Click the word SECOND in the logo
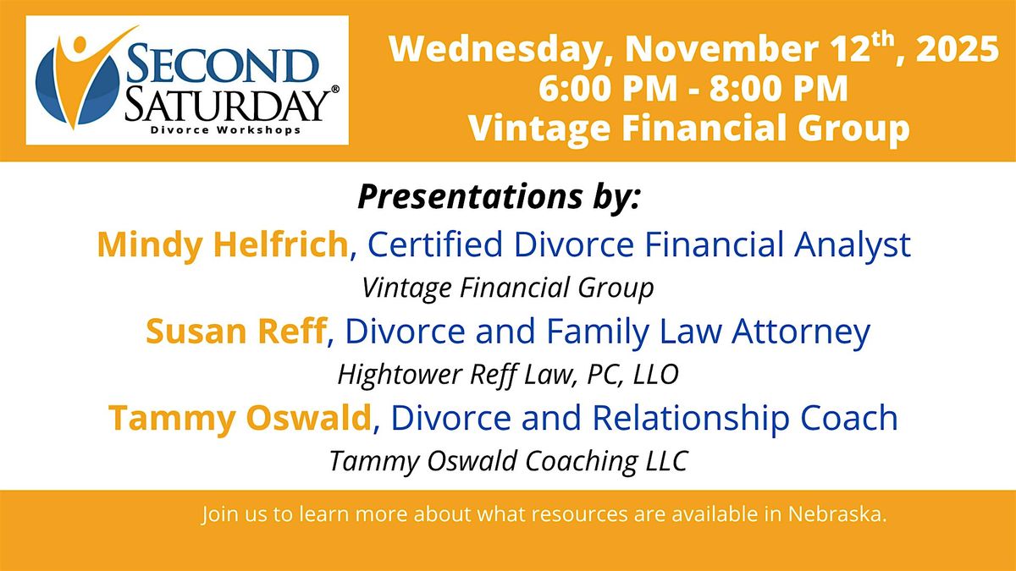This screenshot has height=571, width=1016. pos(221,64)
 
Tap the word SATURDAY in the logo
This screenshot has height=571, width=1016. pos(227,105)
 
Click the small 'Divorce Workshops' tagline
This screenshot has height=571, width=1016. pos(225,130)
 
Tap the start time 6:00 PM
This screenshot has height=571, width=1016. pos(608,88)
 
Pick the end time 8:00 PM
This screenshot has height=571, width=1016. pos(778,88)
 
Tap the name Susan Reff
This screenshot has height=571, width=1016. pos(236,331)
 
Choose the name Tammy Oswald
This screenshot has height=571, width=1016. pos(240,419)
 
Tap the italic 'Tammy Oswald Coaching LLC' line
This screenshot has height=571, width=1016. pos(509,462)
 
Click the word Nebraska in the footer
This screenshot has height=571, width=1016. pos(837,514)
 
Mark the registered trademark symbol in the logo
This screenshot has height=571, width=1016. pos(335,90)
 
